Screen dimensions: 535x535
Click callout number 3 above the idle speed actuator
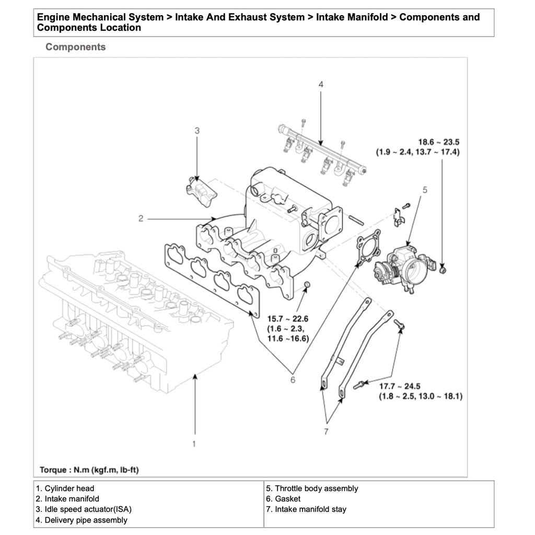197,131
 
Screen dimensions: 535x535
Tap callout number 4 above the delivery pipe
321,84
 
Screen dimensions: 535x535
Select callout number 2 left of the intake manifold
141,218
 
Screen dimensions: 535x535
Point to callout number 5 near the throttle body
425,190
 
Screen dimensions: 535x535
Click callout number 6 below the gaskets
293,380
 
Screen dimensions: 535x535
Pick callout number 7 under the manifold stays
326,432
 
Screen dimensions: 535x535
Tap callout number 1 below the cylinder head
194,444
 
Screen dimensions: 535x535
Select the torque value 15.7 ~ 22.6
288,319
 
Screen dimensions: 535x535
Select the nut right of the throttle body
444,270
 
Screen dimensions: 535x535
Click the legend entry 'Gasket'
287,499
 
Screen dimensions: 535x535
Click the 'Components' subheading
75,47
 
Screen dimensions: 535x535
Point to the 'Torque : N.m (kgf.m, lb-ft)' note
89,470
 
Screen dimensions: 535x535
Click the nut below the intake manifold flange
308,284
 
